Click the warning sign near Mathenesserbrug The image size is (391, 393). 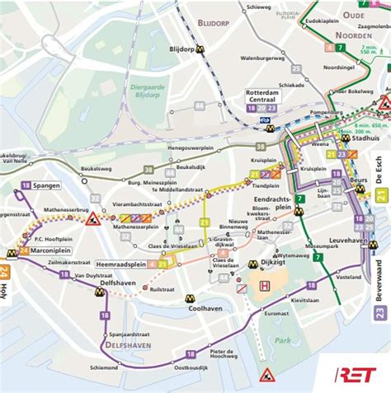92,219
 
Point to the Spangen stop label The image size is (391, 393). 46,185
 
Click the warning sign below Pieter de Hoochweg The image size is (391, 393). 267,375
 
